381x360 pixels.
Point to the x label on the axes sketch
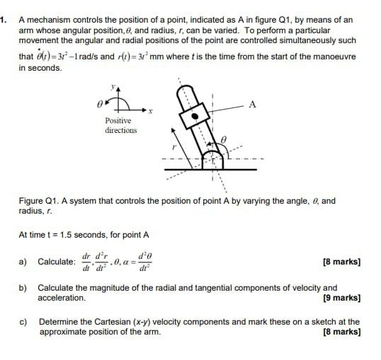pyautogui.click(x=151, y=112)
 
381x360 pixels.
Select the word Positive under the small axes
pyautogui.click(x=118, y=122)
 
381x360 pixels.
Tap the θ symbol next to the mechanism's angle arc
pyautogui.click(x=224, y=141)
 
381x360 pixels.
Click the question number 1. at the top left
pyautogui.click(x=4, y=19)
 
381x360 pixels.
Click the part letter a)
pyautogui.click(x=23, y=262)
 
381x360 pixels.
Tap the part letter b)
pyautogui.click(x=23, y=289)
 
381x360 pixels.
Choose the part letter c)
pyautogui.click(x=23, y=322)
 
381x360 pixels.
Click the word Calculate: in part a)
pyautogui.click(x=56, y=262)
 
